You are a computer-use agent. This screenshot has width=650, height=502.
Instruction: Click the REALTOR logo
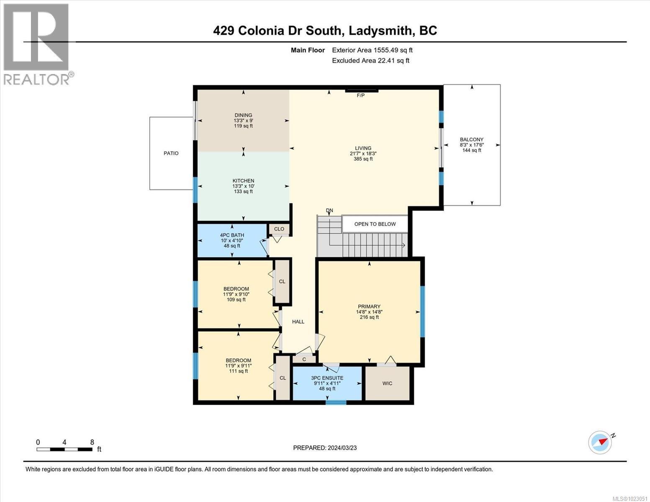[x=37, y=44]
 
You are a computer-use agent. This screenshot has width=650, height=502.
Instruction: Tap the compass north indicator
[x=601, y=442]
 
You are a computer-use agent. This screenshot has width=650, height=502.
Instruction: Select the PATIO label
[x=171, y=153]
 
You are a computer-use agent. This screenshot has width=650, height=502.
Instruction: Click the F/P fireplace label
[x=360, y=95]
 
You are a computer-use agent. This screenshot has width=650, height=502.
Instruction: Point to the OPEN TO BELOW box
[x=375, y=224]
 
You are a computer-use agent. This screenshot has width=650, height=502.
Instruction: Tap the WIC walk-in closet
[x=387, y=383]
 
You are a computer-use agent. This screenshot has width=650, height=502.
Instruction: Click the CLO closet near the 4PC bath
[x=279, y=229]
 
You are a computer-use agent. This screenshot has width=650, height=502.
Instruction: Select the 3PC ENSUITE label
[x=327, y=378]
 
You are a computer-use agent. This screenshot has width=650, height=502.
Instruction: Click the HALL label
[x=298, y=322]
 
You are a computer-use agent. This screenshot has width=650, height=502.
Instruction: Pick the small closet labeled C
[x=304, y=359]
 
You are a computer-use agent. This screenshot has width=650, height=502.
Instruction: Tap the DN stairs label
[x=330, y=210]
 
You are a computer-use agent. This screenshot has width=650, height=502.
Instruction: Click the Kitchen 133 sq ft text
[x=243, y=192]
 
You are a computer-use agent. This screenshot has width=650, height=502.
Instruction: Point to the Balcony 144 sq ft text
[x=471, y=150]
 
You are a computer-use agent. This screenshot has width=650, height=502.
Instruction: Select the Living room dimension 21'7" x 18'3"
[x=363, y=154]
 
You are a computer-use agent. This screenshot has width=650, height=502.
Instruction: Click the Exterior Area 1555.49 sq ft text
[x=372, y=50]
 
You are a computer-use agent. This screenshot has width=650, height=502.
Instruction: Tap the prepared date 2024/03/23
[x=342, y=448]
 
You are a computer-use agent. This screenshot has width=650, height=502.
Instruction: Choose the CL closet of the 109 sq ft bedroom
[x=282, y=282]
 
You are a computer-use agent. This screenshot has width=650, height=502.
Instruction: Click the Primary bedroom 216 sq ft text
[x=369, y=317]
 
